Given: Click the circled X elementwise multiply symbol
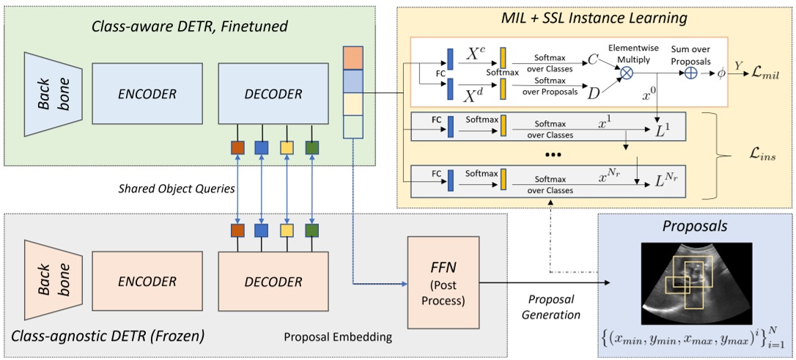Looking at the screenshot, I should pos(628,73).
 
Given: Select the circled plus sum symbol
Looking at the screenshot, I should pos(689,73).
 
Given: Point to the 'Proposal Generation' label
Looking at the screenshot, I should pos(551,307).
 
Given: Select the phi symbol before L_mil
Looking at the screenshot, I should pos(723,74).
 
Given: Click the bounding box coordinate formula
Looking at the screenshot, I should pos(697,337).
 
